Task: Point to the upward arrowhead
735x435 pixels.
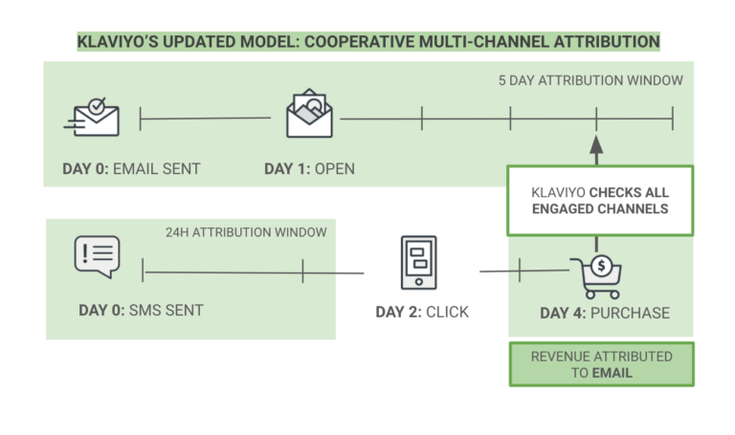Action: (x=596, y=144)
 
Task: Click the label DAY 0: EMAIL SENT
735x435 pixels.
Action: (x=131, y=169)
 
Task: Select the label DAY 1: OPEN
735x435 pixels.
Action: (x=309, y=169)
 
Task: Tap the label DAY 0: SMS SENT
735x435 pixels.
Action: (x=141, y=310)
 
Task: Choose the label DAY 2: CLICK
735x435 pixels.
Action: (x=422, y=312)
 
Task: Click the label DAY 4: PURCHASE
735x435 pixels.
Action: (x=605, y=313)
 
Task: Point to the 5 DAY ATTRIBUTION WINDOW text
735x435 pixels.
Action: (x=590, y=80)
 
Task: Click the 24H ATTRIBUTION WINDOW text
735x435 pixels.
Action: (x=246, y=232)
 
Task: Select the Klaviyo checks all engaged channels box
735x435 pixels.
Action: (x=600, y=200)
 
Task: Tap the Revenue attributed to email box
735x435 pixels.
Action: (x=601, y=364)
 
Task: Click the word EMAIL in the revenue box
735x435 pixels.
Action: (x=612, y=373)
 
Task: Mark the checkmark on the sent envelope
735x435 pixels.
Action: (x=96, y=106)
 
